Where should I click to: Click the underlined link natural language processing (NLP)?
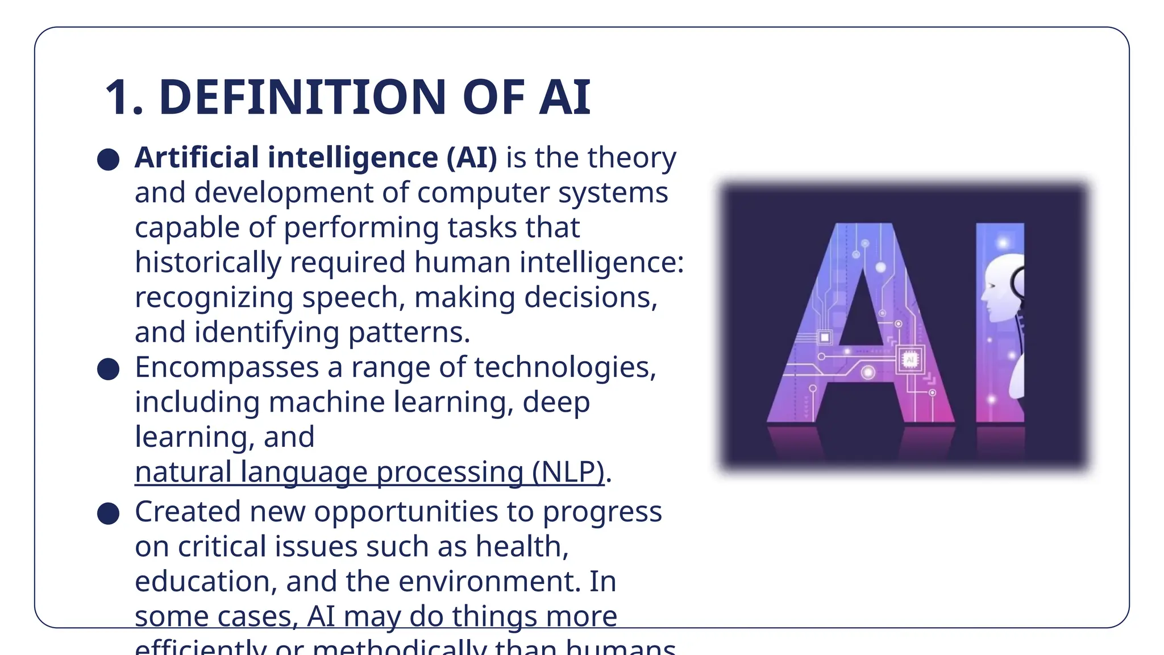369,472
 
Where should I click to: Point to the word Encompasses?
226,367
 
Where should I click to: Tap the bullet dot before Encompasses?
108,369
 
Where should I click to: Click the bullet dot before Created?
108,513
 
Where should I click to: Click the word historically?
207,262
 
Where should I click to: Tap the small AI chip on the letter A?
910,360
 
